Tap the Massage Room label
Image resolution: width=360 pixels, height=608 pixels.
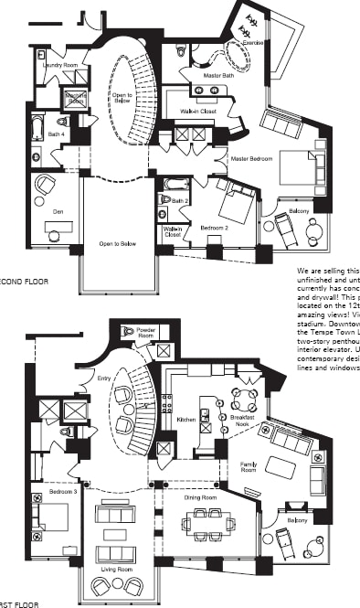pyautogui.click(x=76, y=98)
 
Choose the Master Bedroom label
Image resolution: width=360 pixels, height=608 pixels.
pyautogui.click(x=252, y=159)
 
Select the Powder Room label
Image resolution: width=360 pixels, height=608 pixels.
pyautogui.click(x=146, y=332)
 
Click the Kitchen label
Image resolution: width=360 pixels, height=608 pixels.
pyautogui.click(x=186, y=419)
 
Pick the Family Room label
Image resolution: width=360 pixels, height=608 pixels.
pyautogui.click(x=248, y=467)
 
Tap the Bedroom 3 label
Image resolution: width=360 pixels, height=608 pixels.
pyautogui.click(x=50, y=491)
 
